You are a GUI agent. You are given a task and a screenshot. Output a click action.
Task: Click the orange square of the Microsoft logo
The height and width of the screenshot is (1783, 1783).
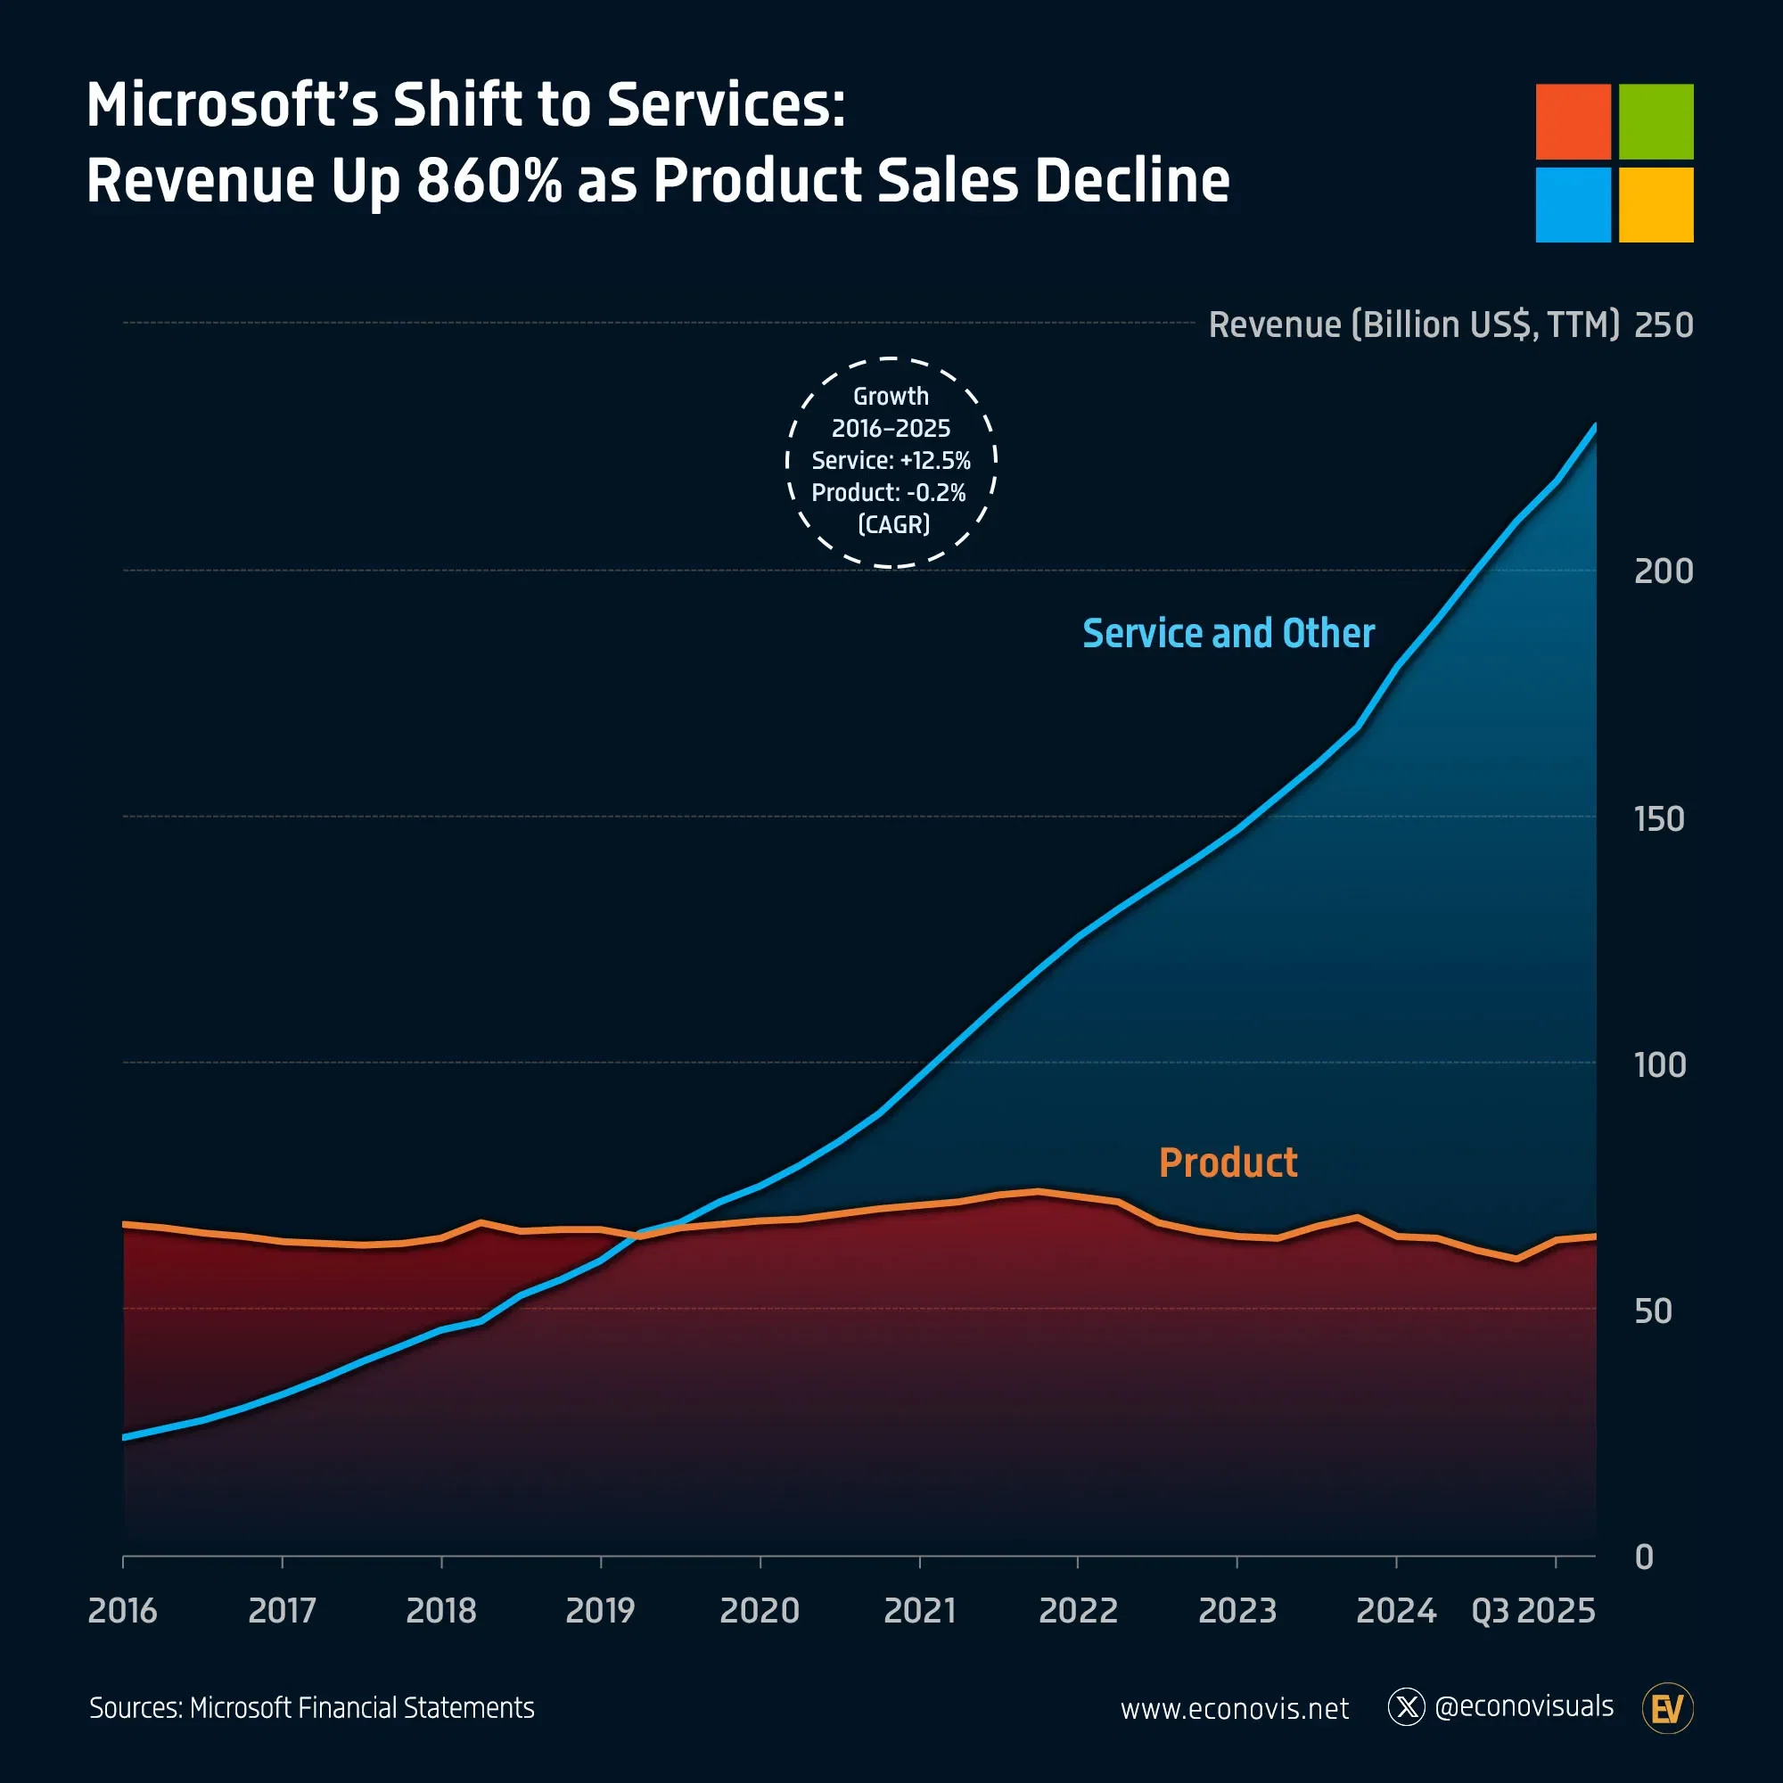click(1573, 121)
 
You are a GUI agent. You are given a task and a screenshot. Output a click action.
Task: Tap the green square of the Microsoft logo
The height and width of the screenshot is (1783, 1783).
click(1656, 121)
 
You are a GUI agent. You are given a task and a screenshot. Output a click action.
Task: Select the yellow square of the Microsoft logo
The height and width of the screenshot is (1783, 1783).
click(1656, 205)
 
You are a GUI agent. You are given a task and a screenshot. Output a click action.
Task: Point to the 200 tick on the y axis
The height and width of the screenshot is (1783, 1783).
click(1663, 571)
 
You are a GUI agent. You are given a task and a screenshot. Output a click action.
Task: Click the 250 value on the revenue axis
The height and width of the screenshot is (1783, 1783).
click(1663, 325)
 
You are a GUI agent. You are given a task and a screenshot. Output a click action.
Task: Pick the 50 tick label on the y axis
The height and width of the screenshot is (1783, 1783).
click(1653, 1311)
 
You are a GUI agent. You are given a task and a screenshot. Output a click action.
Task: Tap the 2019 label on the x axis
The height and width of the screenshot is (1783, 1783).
click(600, 1610)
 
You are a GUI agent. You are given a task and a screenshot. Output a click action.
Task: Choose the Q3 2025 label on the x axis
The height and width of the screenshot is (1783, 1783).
click(1532, 1610)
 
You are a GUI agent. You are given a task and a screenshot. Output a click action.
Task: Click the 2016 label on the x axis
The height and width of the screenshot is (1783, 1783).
click(123, 1610)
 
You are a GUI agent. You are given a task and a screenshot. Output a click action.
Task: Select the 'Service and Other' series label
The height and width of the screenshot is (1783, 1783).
click(1228, 634)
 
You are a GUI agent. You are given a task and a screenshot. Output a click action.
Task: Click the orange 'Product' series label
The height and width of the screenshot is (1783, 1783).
click(1228, 1163)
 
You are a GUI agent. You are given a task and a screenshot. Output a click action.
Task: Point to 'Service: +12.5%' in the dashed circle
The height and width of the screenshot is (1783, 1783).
click(891, 461)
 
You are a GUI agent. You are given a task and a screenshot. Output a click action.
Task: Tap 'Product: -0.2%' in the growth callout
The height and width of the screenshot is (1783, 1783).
click(889, 493)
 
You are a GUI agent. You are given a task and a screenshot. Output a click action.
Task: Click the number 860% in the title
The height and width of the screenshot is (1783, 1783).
click(489, 180)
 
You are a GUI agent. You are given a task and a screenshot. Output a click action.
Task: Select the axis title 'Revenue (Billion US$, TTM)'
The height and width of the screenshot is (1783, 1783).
click(1414, 325)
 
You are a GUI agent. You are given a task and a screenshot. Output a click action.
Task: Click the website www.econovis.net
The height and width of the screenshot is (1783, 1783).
click(1234, 1709)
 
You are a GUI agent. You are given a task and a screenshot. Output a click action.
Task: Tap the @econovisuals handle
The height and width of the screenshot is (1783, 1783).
click(1524, 1706)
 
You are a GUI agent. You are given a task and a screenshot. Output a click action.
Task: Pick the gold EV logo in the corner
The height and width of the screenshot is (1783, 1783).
click(1668, 1708)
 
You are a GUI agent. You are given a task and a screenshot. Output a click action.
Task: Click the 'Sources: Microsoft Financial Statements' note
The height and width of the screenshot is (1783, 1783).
click(312, 1708)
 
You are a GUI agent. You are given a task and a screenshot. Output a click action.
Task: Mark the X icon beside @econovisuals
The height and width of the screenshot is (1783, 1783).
click(1407, 1707)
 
